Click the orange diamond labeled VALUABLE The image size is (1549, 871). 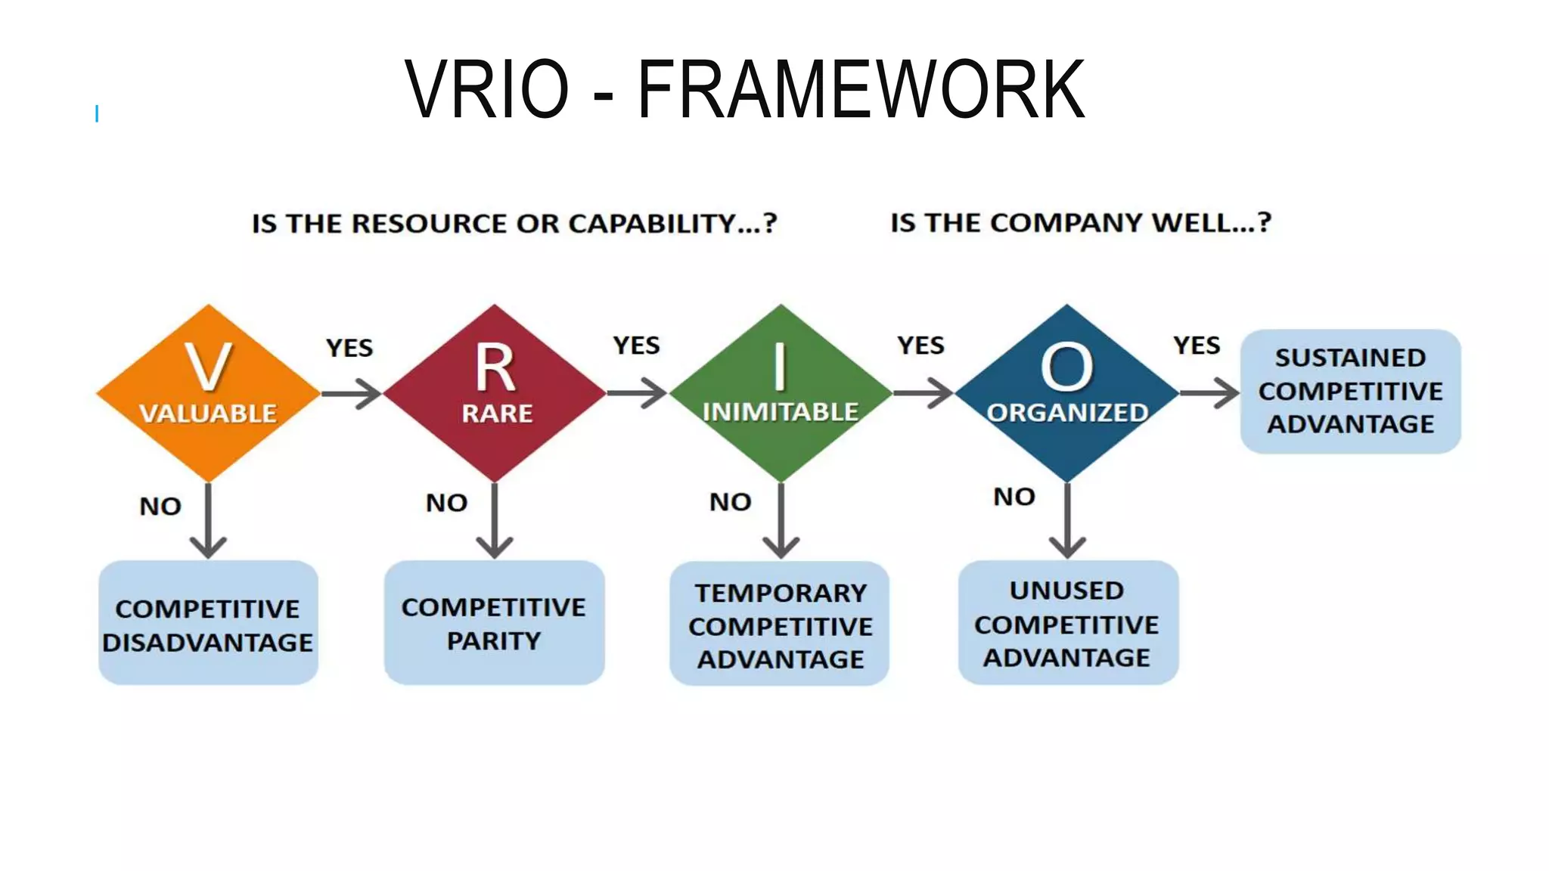click(x=208, y=393)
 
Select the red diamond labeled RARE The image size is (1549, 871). click(x=495, y=393)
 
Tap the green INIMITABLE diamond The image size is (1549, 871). click(x=781, y=393)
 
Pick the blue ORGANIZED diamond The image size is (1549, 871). click(x=1066, y=393)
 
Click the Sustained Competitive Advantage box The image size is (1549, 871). click(x=1350, y=391)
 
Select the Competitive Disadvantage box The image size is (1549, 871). click(x=208, y=624)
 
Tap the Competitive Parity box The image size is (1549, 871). click(x=494, y=624)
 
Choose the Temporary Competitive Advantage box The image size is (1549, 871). click(x=780, y=625)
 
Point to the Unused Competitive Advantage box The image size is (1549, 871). click(x=1067, y=624)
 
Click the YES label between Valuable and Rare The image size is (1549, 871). click(x=349, y=348)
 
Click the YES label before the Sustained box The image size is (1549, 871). click(x=1197, y=346)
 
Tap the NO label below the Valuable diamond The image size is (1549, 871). click(x=160, y=506)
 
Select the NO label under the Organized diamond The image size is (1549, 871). click(x=1014, y=497)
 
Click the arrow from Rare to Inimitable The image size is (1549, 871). click(x=637, y=393)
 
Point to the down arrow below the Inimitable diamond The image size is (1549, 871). click(x=781, y=522)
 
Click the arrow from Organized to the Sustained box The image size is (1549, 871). click(x=1209, y=393)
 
